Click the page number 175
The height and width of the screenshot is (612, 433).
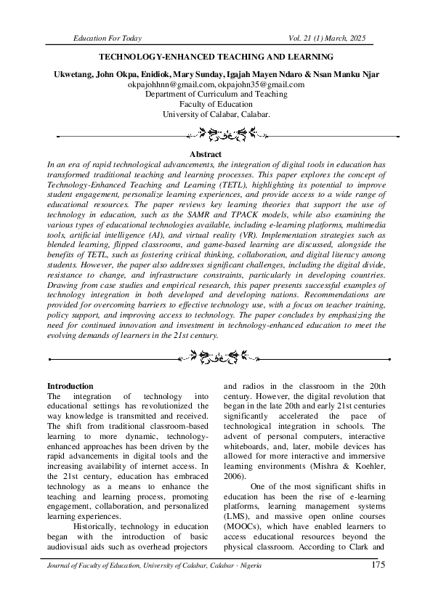pos(378,565)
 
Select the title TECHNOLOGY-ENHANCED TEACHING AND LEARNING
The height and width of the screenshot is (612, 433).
pos(216,56)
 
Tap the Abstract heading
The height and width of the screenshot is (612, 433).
pos(216,155)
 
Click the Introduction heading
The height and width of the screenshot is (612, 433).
pos(70,386)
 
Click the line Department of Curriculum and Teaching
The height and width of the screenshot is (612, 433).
pos(216,94)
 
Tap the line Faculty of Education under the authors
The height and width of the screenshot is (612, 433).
pos(216,105)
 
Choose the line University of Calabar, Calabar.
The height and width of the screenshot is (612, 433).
pos(216,115)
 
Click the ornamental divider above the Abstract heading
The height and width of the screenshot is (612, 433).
pos(216,134)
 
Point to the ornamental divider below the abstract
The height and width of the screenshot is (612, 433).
pos(216,356)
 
